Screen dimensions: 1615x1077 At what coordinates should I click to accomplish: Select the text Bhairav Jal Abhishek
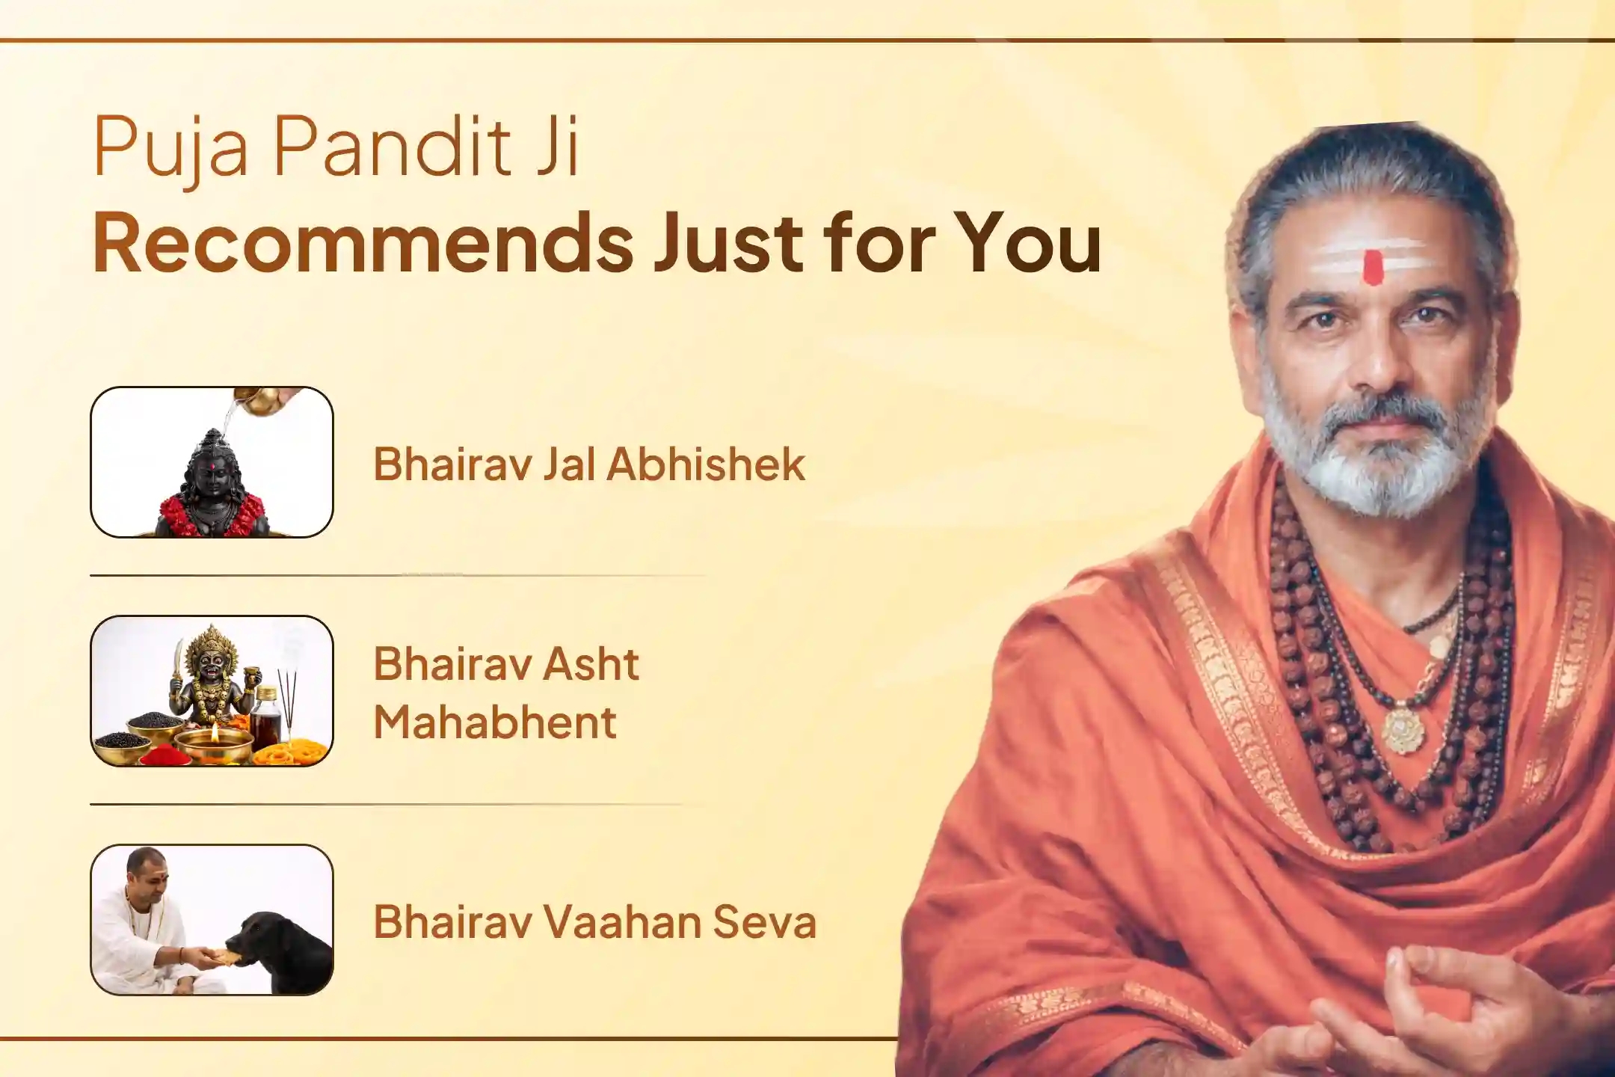(x=589, y=464)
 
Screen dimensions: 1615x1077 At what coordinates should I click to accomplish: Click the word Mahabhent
(x=495, y=722)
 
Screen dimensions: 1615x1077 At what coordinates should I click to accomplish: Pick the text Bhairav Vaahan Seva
(x=594, y=921)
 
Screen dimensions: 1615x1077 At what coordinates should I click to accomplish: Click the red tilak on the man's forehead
(x=1373, y=268)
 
